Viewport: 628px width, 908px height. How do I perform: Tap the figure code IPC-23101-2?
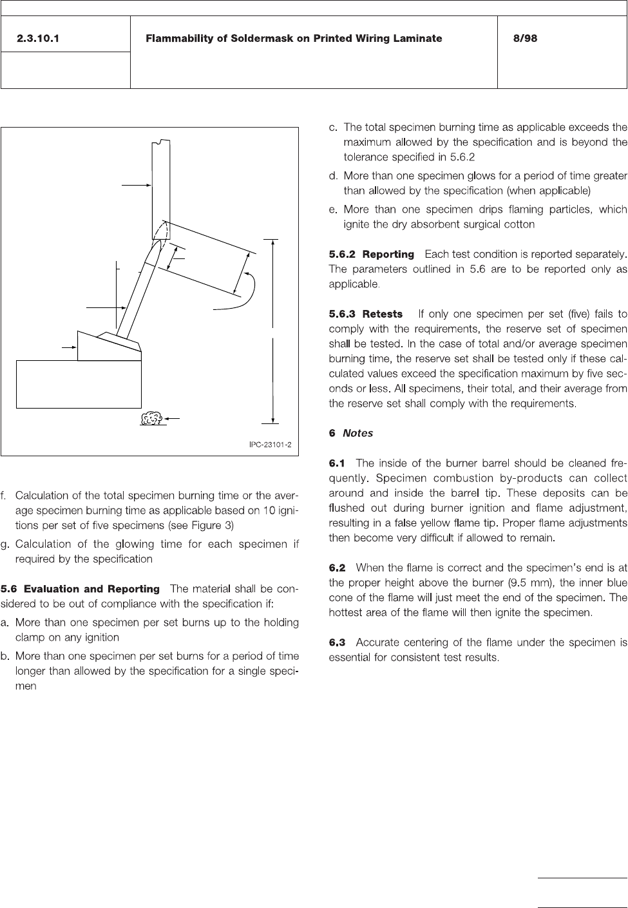pyautogui.click(x=271, y=445)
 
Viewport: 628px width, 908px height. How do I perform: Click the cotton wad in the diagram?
pyautogui.click(x=151, y=419)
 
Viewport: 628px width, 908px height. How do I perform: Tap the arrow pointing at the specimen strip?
pyautogui.click(x=135, y=185)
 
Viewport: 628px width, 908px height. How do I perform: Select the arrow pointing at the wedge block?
pyautogui.click(x=68, y=347)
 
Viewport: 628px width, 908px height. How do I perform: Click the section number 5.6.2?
pyautogui.click(x=342, y=255)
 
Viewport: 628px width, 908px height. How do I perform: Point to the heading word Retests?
pyautogui.click(x=382, y=314)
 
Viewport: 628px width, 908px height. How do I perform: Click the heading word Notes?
pyautogui.click(x=357, y=433)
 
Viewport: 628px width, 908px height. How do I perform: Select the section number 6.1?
pyautogui.click(x=337, y=463)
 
